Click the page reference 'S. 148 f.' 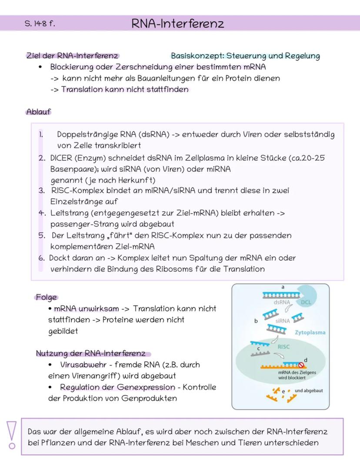[40, 23]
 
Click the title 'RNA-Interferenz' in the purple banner [178, 23]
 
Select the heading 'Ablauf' [38, 112]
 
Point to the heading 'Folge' [47, 298]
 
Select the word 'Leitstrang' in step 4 [70, 213]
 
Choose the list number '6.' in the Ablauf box [41, 258]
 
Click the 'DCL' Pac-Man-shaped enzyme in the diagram [307, 297]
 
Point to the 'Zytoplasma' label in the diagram [310, 332]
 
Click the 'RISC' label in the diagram [283, 347]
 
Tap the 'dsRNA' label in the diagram [282, 302]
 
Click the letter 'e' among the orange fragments [283, 391]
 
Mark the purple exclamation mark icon [12, 435]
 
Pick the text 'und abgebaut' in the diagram [309, 391]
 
